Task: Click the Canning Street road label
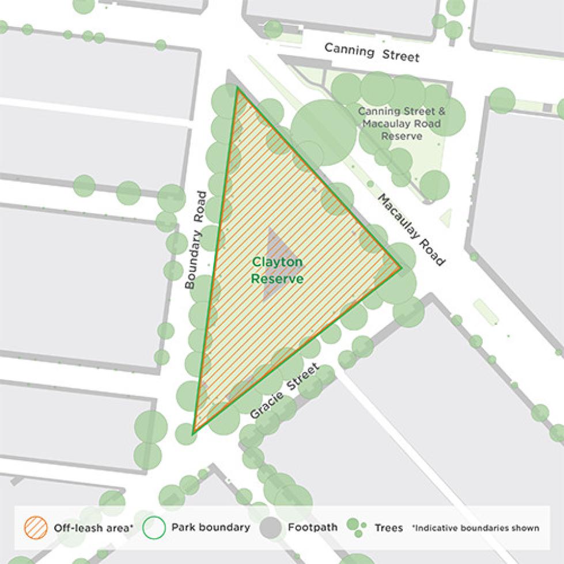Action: click(x=372, y=52)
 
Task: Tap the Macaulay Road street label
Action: click(x=411, y=230)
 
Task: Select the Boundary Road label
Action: click(x=195, y=240)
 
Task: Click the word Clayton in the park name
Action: click(x=277, y=263)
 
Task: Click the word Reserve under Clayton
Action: click(x=277, y=279)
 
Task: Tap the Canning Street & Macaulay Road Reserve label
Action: click(x=402, y=123)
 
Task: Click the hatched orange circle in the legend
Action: click(x=35, y=527)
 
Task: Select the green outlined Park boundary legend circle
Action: click(x=154, y=527)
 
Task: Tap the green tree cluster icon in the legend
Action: click(x=356, y=527)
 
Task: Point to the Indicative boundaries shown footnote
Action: click(x=476, y=528)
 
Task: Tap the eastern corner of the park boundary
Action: click(x=400, y=267)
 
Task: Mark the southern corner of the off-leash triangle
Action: click(x=194, y=431)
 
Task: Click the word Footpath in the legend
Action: click(x=313, y=528)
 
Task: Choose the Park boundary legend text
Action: click(x=210, y=528)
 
